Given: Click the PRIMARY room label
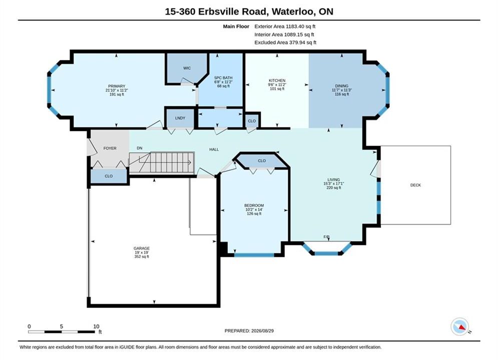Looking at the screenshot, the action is [x=117, y=86].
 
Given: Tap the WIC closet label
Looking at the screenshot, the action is [x=187, y=68].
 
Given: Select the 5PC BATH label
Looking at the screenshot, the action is [x=223, y=77].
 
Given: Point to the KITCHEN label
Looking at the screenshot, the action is [x=277, y=80].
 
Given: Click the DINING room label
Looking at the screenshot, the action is [x=342, y=86].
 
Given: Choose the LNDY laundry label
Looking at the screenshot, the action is [x=180, y=118].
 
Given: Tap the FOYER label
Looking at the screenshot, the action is [x=110, y=148].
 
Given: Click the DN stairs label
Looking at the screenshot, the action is [x=140, y=148].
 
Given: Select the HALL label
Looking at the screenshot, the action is [x=214, y=149].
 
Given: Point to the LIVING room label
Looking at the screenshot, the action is [x=333, y=179].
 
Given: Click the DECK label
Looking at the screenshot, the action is [x=415, y=185].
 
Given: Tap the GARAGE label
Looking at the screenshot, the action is [x=142, y=248].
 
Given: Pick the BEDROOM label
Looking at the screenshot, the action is [x=254, y=205].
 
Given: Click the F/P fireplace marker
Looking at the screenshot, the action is [x=326, y=237].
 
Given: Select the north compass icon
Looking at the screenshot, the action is [x=460, y=326].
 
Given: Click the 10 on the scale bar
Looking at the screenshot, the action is [x=96, y=326].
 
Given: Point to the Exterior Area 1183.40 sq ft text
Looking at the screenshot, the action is [x=285, y=26].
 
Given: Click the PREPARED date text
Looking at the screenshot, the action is [x=249, y=331].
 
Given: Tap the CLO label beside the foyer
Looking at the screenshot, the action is [x=109, y=176].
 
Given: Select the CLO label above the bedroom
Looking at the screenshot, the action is [x=262, y=161].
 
